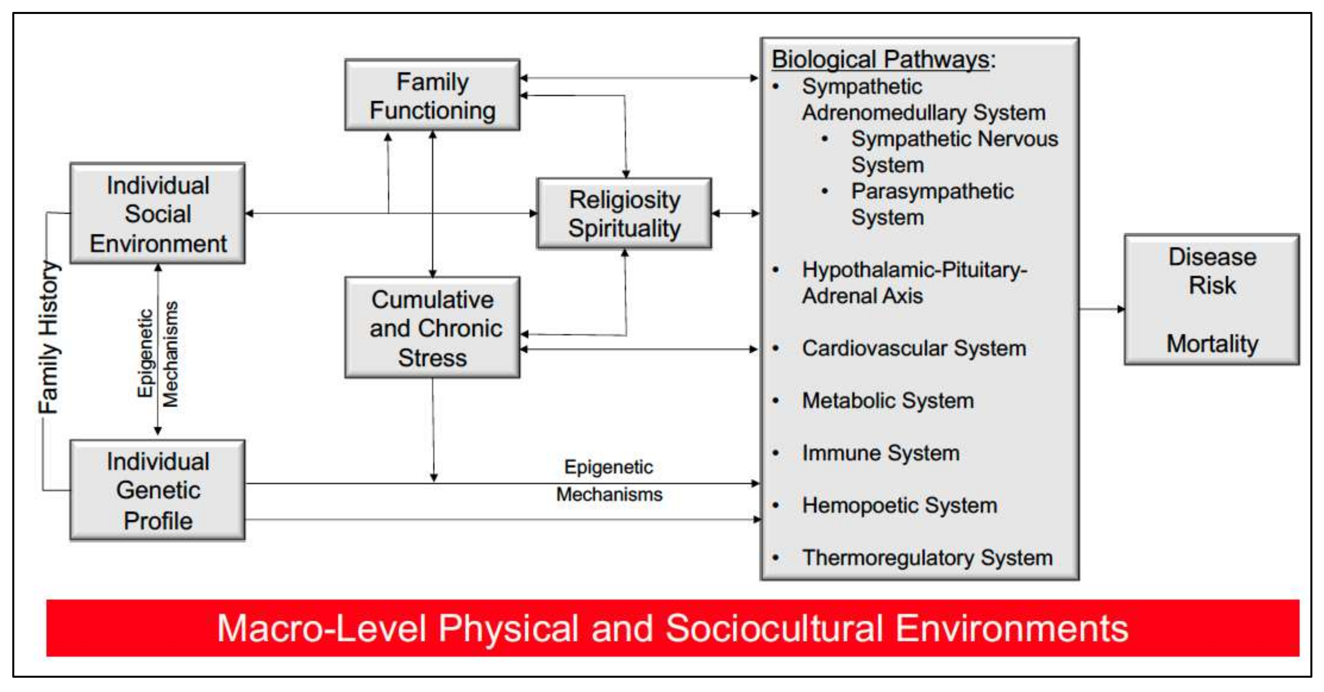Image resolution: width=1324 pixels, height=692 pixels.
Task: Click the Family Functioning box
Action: tap(432, 96)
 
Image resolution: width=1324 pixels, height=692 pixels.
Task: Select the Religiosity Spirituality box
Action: tap(624, 214)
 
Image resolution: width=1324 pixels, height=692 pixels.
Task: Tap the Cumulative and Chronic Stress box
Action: tap(432, 328)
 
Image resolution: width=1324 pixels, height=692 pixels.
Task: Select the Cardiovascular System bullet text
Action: tap(914, 348)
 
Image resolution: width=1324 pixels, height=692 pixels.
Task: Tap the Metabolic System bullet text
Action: tap(888, 401)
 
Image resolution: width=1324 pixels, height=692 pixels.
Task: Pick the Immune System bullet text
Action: tap(880, 453)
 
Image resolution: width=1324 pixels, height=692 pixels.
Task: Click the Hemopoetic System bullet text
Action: tap(900, 505)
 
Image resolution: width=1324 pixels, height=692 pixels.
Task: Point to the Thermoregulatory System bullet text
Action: tap(927, 558)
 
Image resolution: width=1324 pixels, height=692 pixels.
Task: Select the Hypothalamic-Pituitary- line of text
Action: tap(914, 270)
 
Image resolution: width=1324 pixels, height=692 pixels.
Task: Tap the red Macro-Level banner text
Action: tap(672, 628)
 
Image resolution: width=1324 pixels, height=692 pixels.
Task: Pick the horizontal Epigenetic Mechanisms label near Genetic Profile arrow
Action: tap(609, 481)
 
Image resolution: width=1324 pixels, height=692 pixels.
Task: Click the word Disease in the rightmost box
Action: tap(1212, 257)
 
